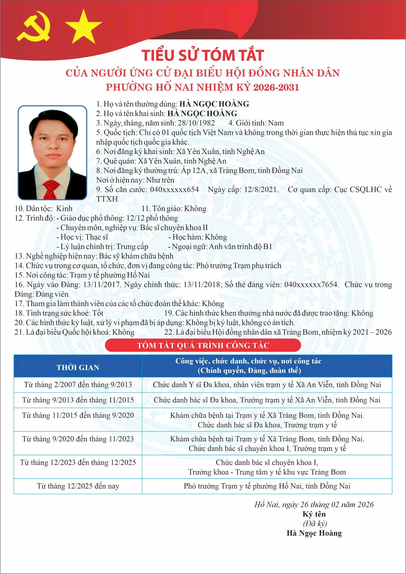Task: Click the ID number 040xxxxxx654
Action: point(174,189)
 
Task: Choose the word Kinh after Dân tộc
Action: point(64,209)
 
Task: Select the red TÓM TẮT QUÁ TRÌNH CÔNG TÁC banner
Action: point(203,346)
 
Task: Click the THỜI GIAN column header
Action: point(78,367)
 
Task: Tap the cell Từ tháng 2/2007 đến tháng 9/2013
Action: point(78,385)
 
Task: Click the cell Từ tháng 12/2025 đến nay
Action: point(78,486)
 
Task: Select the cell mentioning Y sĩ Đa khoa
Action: point(267,385)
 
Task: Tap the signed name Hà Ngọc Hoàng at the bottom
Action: point(314,533)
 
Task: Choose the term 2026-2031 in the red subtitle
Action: point(276,87)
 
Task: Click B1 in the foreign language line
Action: point(267,246)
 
